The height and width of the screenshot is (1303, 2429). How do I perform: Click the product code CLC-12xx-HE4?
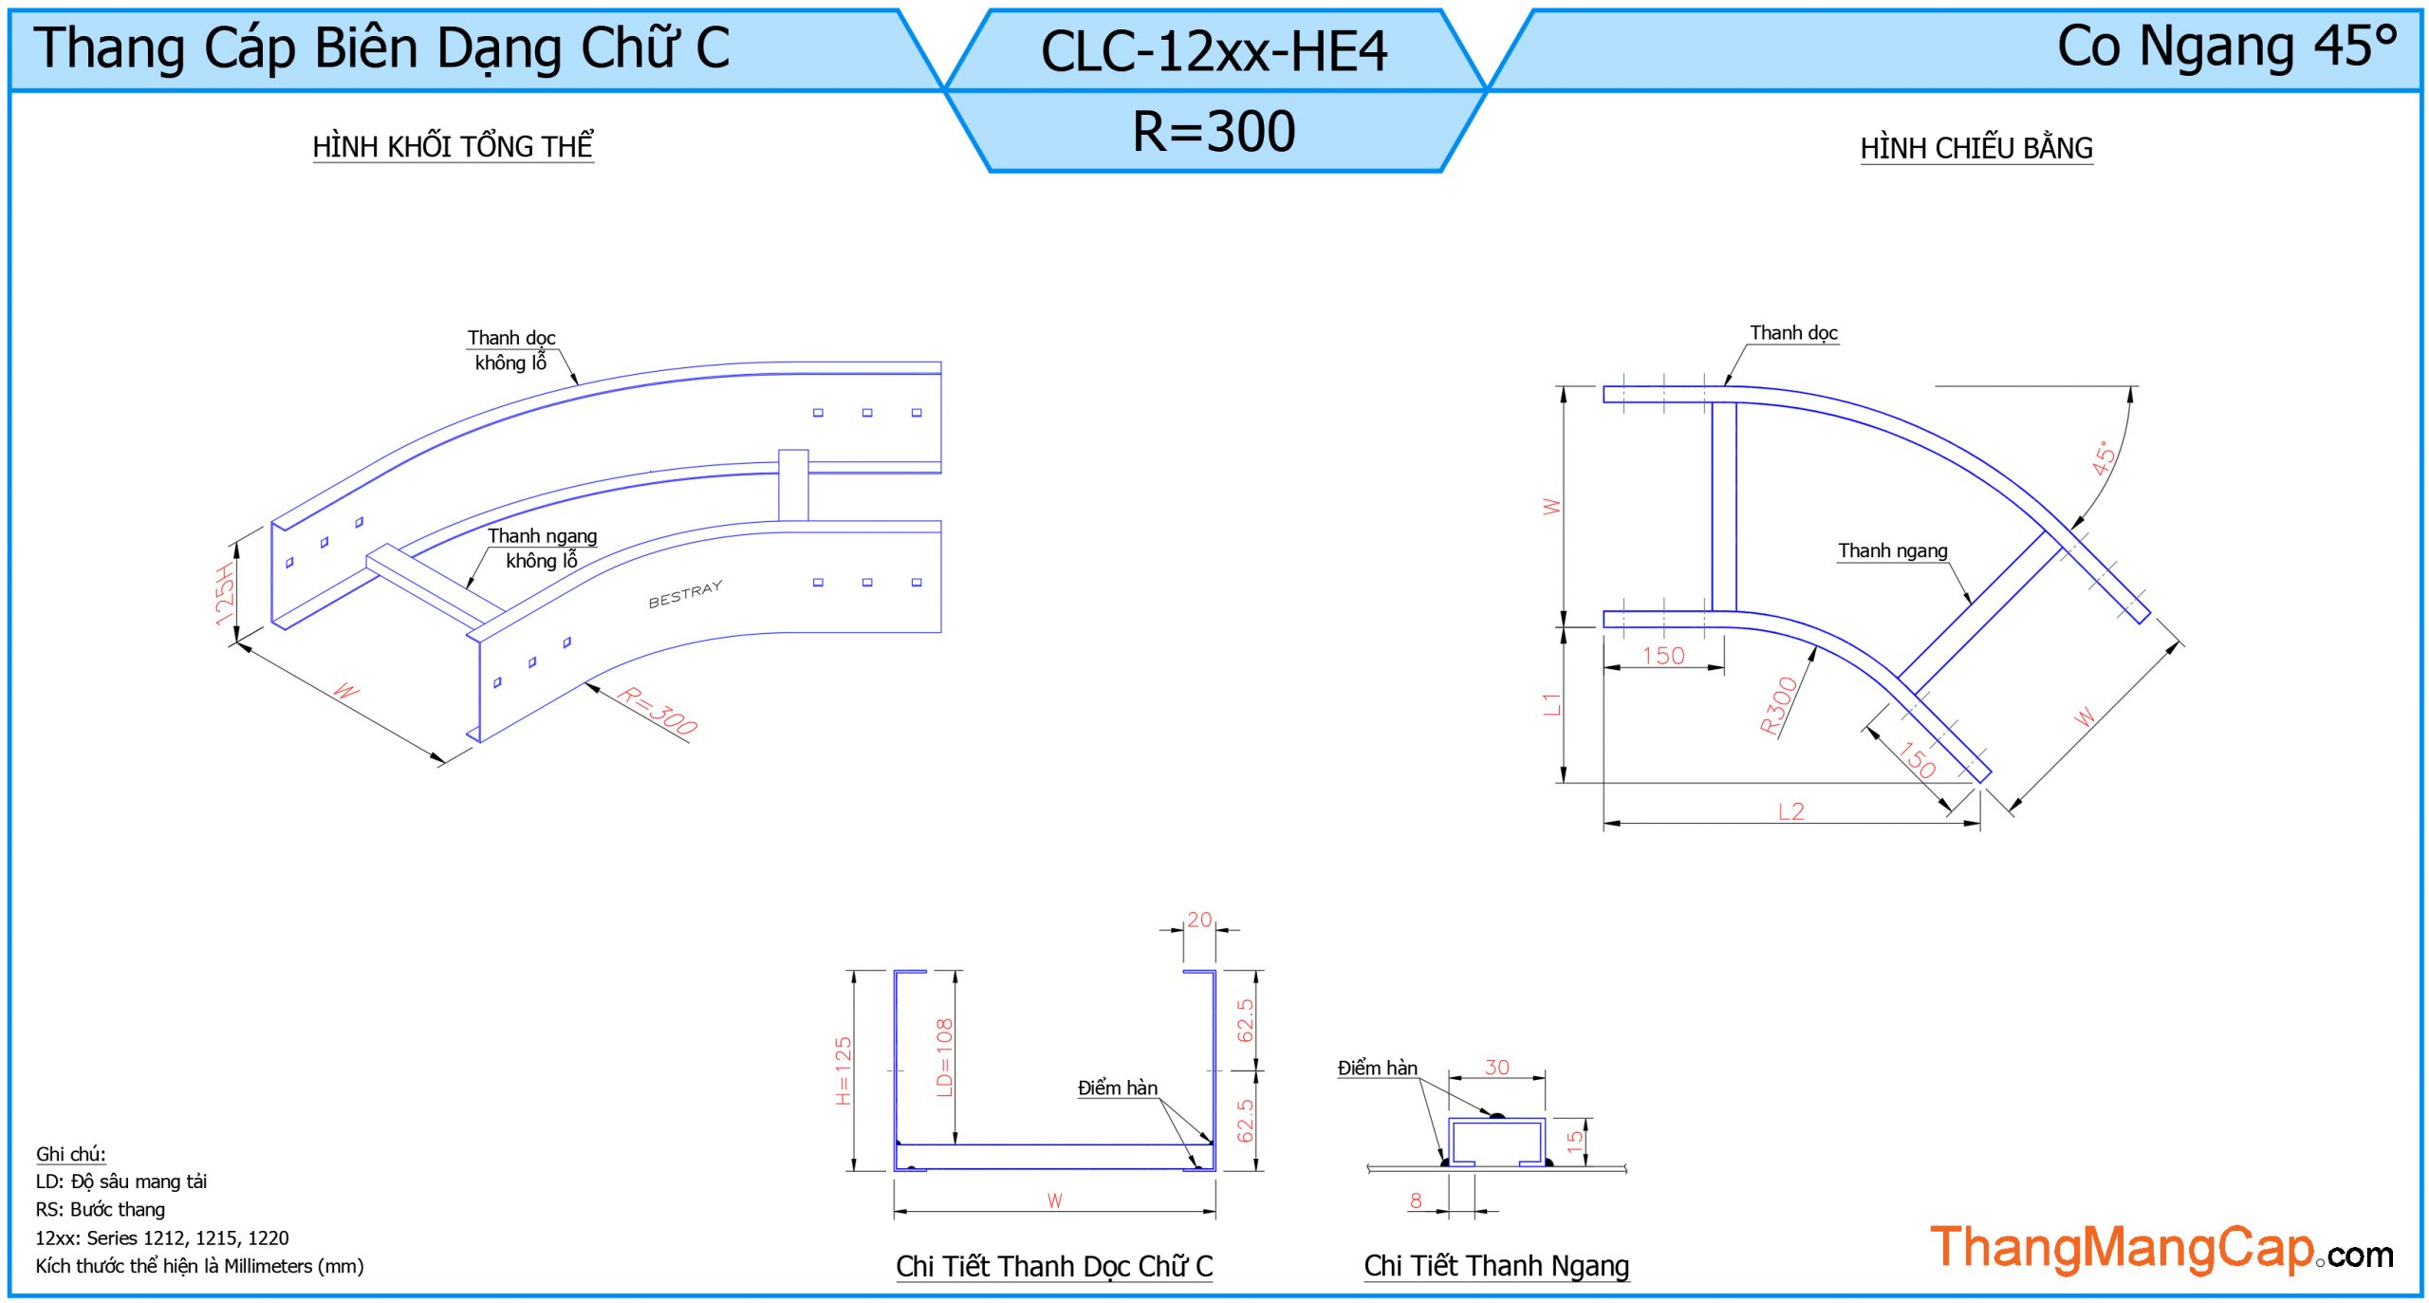coord(1214,51)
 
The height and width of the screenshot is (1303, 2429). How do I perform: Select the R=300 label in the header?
coord(1214,131)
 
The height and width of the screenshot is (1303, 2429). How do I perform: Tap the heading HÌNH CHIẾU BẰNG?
coord(1975,148)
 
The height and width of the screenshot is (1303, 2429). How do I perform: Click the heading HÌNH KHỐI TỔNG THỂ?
coord(453,146)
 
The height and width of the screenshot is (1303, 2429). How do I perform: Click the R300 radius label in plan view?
coord(1778,706)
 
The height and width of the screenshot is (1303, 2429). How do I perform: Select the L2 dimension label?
coord(1790,811)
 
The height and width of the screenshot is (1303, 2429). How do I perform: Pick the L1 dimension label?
coord(1551,704)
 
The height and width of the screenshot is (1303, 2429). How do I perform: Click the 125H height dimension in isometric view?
coord(225,594)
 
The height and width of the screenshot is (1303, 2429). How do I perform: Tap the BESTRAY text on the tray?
coord(685,594)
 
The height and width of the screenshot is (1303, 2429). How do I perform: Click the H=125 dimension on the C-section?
coord(844,1070)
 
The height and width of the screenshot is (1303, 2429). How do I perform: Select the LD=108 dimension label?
coord(944,1057)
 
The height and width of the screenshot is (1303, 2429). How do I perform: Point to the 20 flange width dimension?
coord(1199,920)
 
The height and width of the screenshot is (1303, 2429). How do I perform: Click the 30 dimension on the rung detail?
coord(1496,1068)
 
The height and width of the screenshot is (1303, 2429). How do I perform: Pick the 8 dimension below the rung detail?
coord(1416,1201)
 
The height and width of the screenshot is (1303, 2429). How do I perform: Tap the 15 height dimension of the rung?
coord(1575,1141)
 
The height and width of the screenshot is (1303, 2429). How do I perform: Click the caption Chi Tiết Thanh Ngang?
coord(1496,1265)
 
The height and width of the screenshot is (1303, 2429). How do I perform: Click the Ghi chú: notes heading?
coord(71,1154)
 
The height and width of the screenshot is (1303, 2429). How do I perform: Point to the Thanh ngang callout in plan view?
coord(1892,550)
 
